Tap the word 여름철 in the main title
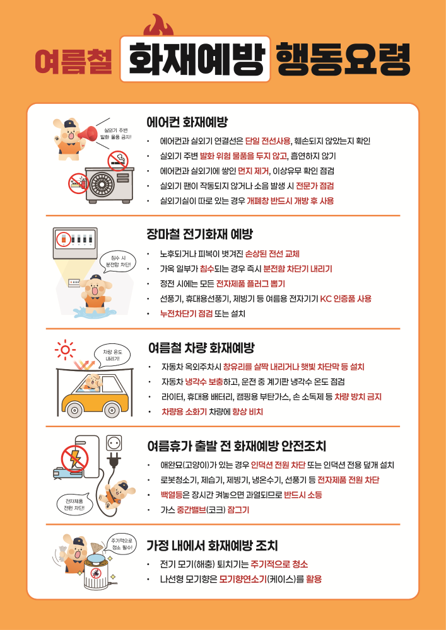tap(73, 62)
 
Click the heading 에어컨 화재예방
tap(187, 122)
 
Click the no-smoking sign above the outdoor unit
tap(117, 161)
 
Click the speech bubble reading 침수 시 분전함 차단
tap(118, 261)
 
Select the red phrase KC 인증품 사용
tap(346, 298)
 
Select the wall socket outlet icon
tap(114, 443)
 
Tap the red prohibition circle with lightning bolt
tap(75, 458)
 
